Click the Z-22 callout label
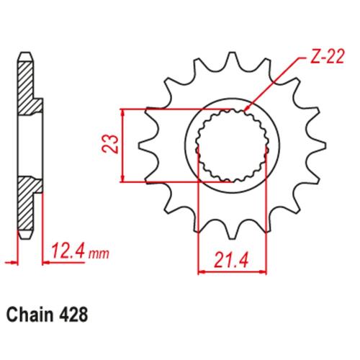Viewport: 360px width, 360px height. [327, 57]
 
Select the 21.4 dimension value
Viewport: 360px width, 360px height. [231, 260]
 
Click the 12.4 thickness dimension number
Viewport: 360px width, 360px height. [68, 251]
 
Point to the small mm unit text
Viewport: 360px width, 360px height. [99, 253]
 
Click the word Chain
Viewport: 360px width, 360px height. [30, 315]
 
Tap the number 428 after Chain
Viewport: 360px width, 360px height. [73, 315]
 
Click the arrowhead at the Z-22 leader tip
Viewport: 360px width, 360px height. [246, 109]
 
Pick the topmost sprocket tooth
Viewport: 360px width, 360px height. [232, 58]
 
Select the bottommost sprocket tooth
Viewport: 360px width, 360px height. [232, 233]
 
